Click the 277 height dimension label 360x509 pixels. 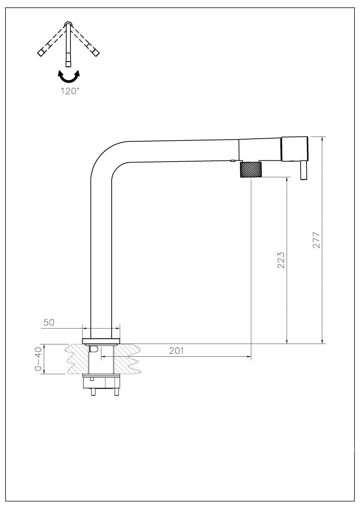coord(316,240)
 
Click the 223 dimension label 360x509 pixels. coord(281,260)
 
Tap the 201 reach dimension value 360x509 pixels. coord(176,351)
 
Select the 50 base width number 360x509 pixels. coord(49,322)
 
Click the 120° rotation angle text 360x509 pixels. coord(70,91)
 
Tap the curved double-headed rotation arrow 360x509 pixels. coord(69,76)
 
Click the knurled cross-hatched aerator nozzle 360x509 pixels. coord(251,169)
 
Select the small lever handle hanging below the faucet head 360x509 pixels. coord(304,171)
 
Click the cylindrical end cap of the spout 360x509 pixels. coord(295,149)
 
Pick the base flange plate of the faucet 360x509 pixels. coord(101,341)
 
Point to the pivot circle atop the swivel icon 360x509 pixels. coord(68,24)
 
